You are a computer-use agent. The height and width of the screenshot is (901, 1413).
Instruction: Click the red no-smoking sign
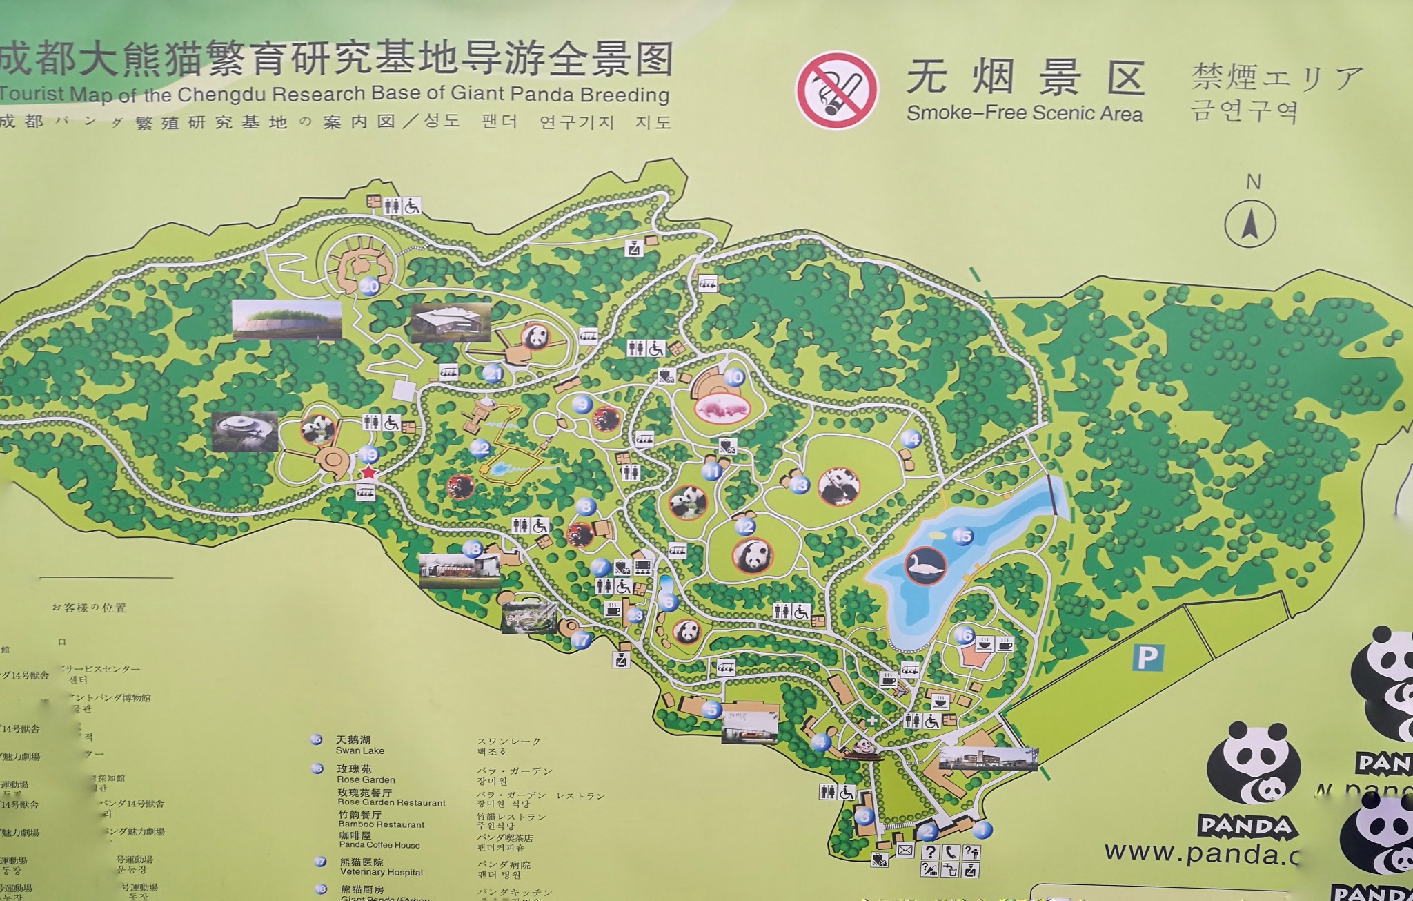tap(837, 90)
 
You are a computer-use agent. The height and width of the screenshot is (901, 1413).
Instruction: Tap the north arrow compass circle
tap(1250, 224)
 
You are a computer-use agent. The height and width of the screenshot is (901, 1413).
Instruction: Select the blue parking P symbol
tap(1147, 657)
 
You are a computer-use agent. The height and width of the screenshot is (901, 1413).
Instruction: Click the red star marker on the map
tap(368, 472)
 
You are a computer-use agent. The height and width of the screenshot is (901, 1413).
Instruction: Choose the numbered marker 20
tap(370, 286)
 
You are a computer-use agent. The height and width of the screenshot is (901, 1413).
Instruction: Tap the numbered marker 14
tap(911, 438)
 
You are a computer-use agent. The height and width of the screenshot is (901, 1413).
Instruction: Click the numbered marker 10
tap(734, 377)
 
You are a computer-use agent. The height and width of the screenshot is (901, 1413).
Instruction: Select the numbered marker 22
tap(480, 449)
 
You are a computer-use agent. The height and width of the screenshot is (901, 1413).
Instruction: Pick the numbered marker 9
tap(582, 405)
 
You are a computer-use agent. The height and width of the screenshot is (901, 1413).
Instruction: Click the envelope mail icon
tap(905, 851)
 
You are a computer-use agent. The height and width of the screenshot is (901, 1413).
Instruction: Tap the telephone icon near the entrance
tap(951, 852)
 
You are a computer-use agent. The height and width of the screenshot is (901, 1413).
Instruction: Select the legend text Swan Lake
tap(359, 750)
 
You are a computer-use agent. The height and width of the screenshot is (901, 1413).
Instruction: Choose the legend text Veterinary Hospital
tap(381, 872)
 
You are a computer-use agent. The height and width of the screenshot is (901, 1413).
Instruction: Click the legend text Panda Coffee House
tap(379, 844)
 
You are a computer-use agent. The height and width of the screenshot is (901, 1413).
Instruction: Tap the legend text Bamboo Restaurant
tap(382, 824)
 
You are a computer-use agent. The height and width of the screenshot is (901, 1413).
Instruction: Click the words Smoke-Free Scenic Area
tap(1024, 113)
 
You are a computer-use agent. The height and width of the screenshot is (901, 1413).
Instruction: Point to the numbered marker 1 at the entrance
tap(982, 829)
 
